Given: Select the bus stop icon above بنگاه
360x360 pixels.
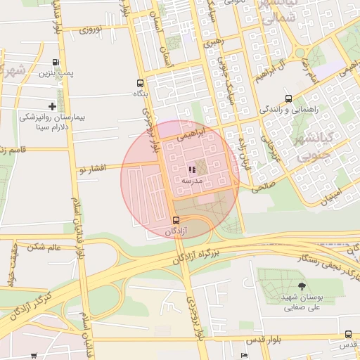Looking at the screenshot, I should coord(140,82).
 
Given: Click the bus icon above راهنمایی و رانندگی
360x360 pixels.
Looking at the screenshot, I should coord(289,99).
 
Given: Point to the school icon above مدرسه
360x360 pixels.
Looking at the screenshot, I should coord(192,169).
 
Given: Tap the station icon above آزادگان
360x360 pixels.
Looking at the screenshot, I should coord(175,220).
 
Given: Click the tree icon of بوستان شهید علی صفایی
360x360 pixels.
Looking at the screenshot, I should coord(302,286).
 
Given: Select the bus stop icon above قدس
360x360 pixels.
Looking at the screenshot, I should coord(348,334).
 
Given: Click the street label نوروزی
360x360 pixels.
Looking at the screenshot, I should coord(91,30).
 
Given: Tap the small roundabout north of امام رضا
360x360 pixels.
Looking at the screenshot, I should coord(300,53).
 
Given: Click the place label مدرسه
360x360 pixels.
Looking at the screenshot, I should coord(192,181).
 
